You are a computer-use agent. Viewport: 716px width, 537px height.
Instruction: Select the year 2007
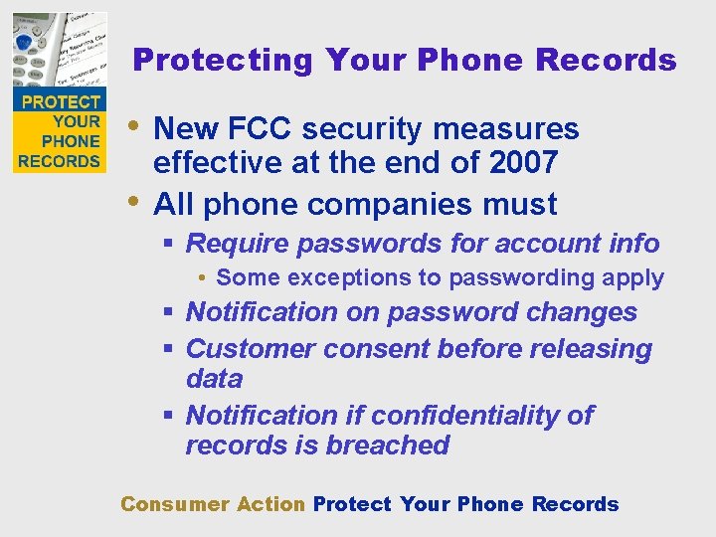[x=521, y=161]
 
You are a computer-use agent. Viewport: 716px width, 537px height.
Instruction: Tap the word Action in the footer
[x=270, y=504]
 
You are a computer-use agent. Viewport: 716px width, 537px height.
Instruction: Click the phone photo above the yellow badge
[x=59, y=50]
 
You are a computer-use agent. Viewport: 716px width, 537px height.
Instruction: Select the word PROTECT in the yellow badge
[x=61, y=102]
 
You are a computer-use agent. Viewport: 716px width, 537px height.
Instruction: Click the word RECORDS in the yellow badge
[x=60, y=161]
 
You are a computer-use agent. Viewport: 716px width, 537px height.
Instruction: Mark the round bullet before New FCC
[x=136, y=125]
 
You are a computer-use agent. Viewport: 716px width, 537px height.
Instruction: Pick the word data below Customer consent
[x=214, y=379]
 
